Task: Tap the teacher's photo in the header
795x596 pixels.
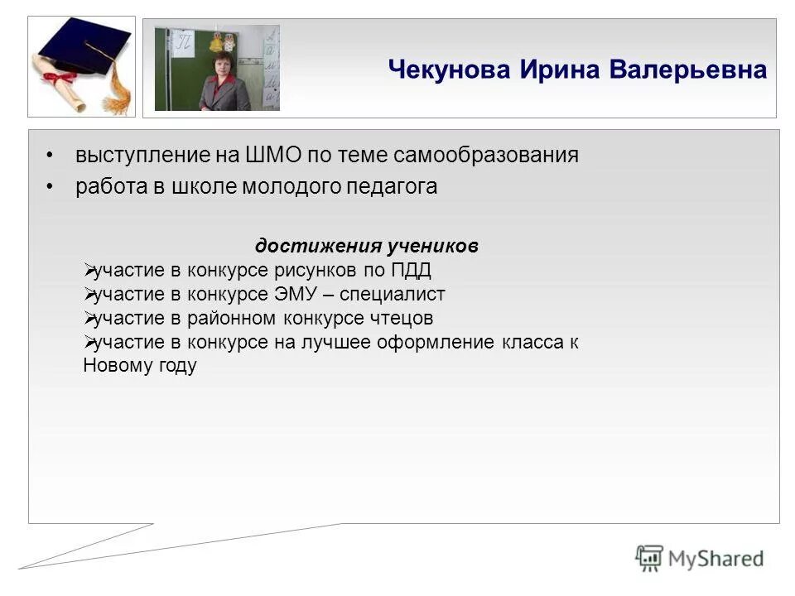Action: (217, 68)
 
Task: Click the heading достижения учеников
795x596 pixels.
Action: (366, 247)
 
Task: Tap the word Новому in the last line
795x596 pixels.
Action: (116, 367)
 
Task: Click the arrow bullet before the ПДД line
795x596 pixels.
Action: (89, 271)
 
